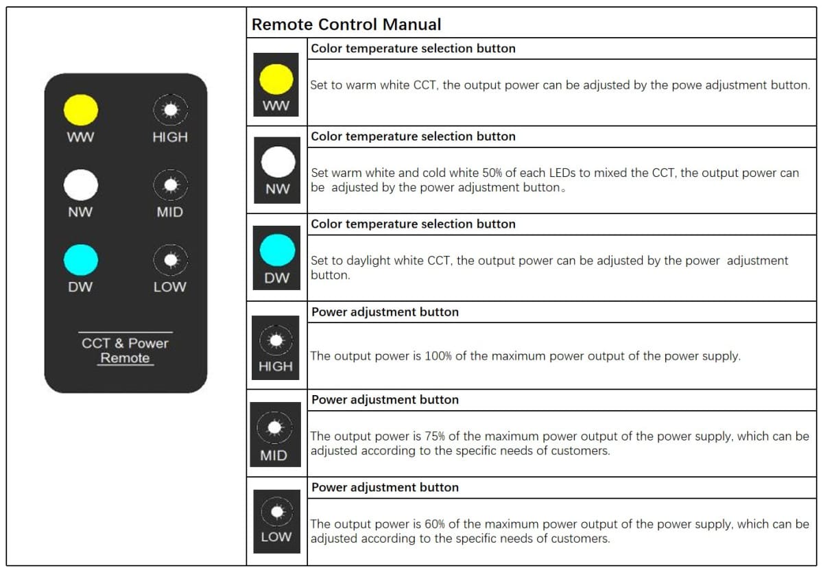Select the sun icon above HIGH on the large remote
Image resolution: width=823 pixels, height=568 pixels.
click(169, 110)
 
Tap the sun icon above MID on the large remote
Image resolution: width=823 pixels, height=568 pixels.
click(169, 185)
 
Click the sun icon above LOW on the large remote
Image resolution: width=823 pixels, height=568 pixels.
click(169, 260)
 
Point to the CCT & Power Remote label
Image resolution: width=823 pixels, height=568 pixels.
click(125, 350)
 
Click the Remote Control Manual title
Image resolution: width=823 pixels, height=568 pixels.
click(346, 25)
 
